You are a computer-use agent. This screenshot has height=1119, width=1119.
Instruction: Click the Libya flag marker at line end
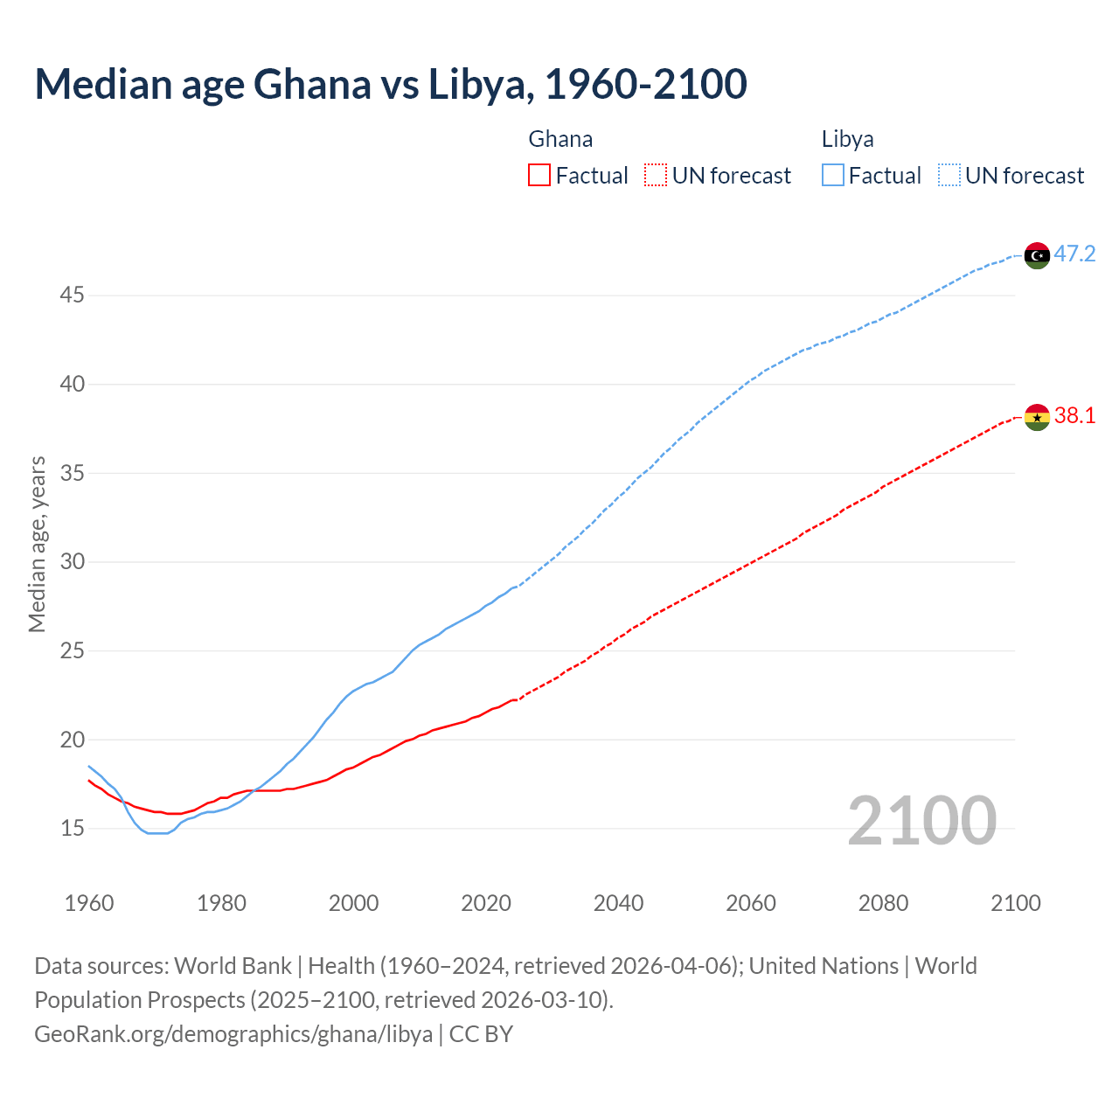pyautogui.click(x=1037, y=255)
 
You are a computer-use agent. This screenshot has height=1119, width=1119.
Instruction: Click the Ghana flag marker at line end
pyautogui.click(x=1037, y=417)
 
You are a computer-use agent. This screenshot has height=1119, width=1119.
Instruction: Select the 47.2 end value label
pyautogui.click(x=1074, y=254)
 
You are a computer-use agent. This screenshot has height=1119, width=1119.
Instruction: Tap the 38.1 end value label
pyautogui.click(x=1074, y=416)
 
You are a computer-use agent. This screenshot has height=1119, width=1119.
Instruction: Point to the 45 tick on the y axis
pyautogui.click(x=72, y=295)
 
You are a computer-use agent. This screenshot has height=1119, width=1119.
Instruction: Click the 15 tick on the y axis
pyautogui.click(x=72, y=828)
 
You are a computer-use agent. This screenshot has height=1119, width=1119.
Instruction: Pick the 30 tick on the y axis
pyautogui.click(x=72, y=561)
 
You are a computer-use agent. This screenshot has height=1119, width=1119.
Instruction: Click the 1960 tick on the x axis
pyautogui.click(x=89, y=903)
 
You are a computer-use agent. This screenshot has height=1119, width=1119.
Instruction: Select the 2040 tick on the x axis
pyautogui.click(x=618, y=903)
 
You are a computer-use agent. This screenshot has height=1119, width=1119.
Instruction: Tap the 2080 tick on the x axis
pyautogui.click(x=883, y=903)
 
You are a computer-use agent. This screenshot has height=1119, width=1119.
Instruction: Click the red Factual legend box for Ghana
pyautogui.click(x=539, y=176)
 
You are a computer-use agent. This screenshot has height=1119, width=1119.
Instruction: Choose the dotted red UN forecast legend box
pyautogui.click(x=656, y=176)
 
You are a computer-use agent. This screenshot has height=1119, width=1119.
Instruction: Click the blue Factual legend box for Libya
pyautogui.click(x=833, y=176)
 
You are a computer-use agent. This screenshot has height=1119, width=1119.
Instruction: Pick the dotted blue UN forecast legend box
pyautogui.click(x=949, y=176)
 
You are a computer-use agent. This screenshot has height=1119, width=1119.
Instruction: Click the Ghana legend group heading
pyautogui.click(x=560, y=139)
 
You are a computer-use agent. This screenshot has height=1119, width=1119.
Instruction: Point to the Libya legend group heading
pyautogui.click(x=847, y=139)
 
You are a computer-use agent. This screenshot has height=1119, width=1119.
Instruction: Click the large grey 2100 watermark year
pyautogui.click(x=921, y=820)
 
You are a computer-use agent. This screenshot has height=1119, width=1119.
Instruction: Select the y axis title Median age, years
pyautogui.click(x=37, y=544)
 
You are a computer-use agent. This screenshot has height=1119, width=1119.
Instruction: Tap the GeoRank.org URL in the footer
pyautogui.click(x=233, y=1033)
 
